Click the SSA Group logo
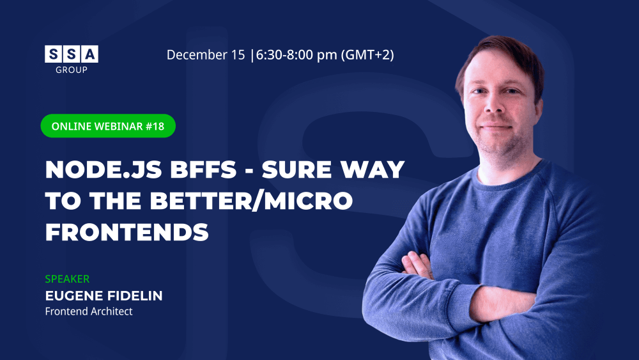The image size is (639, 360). (x=72, y=59)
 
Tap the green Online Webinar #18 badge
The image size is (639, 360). (x=108, y=126)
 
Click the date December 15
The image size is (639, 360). (x=206, y=54)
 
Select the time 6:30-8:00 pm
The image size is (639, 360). (x=296, y=54)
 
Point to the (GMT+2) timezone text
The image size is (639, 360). (x=367, y=54)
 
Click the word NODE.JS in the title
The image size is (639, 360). (x=104, y=169)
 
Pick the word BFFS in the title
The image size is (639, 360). (x=203, y=169)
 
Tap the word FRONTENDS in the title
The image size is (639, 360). (x=127, y=232)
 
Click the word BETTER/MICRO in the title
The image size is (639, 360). (x=251, y=201)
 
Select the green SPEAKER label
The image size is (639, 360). (x=67, y=279)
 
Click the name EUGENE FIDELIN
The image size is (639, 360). (x=104, y=295)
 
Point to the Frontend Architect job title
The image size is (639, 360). (x=88, y=311)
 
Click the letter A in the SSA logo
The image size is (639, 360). (x=90, y=54)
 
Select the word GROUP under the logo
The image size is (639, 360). (x=72, y=70)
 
